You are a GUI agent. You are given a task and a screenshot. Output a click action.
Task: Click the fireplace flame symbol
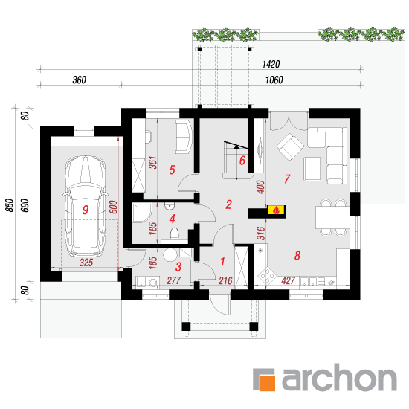tap(277, 210)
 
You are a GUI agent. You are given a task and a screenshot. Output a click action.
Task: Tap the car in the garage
tap(86, 206)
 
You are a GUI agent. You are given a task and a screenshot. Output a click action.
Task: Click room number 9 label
tap(86, 210)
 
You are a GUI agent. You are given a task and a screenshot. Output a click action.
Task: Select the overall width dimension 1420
tap(271, 64)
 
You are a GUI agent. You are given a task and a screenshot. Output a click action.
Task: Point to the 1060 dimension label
tap(274, 80)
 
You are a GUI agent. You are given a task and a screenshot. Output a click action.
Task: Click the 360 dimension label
tap(79, 80)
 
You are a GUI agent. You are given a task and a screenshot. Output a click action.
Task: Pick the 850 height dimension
tap(10, 205)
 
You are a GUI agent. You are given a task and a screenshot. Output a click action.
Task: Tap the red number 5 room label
tap(172, 170)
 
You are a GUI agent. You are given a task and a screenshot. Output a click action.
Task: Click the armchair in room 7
tap(290, 146)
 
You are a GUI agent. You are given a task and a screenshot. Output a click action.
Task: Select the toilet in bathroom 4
tap(175, 234)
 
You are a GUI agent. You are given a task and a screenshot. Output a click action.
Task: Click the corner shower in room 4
tap(142, 213)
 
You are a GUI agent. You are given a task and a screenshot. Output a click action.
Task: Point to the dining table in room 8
tap(332, 217)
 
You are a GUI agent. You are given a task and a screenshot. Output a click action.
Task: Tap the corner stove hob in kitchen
tap(266, 275)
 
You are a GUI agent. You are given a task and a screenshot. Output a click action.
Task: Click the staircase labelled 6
tap(236, 160)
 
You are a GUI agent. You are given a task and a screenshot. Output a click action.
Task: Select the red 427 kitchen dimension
tap(288, 280)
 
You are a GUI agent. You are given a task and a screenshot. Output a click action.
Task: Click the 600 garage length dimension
tap(113, 207)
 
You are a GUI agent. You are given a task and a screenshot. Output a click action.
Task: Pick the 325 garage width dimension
tap(86, 263)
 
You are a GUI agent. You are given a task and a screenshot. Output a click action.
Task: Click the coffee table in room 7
tap(312, 169)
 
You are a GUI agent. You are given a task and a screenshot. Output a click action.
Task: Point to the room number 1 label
tap(222, 261)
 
